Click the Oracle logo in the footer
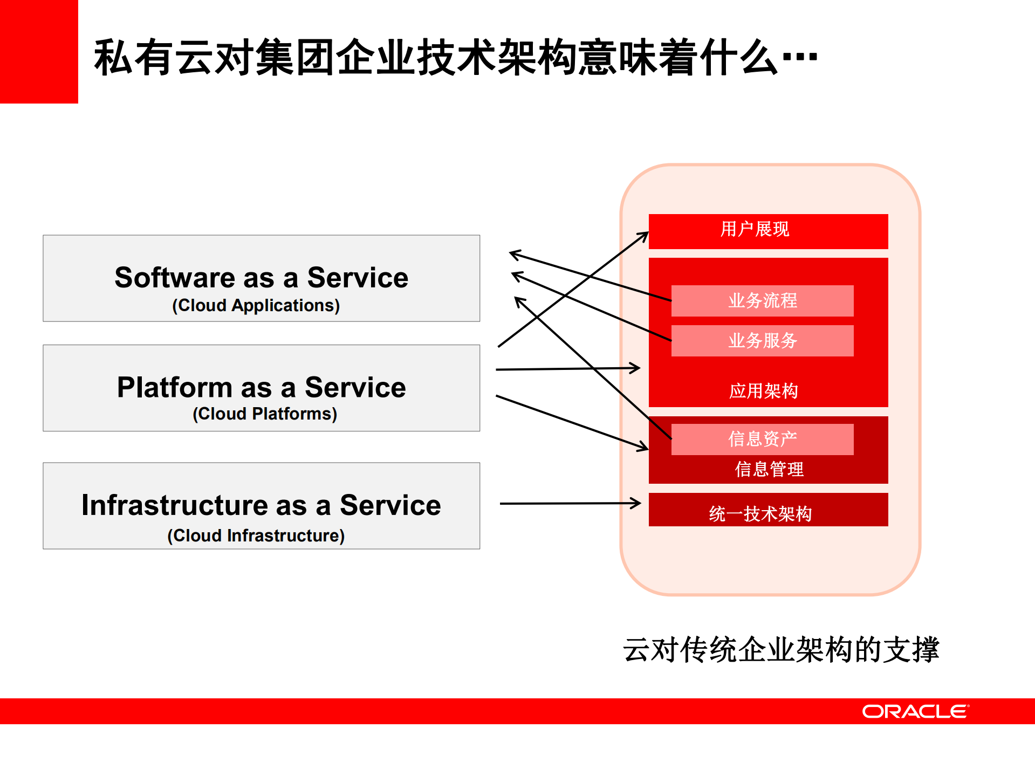coord(915,711)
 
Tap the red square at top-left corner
coord(39,51)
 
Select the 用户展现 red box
coord(767,231)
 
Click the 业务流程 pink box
coord(762,300)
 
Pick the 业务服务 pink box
coord(762,340)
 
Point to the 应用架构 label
coord(763,390)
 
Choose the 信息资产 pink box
coord(762,439)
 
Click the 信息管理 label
coord(769,469)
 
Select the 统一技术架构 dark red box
coord(767,510)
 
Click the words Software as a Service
coord(261,278)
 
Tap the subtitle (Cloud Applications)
coord(256,305)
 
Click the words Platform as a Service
coord(261,387)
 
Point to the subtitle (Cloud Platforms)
coord(264,414)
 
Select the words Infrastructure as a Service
coord(261,505)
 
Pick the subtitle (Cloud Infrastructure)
coord(256,535)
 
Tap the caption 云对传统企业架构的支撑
coord(780,649)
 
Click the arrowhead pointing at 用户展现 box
coord(643,236)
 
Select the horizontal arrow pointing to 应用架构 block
coord(566,369)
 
